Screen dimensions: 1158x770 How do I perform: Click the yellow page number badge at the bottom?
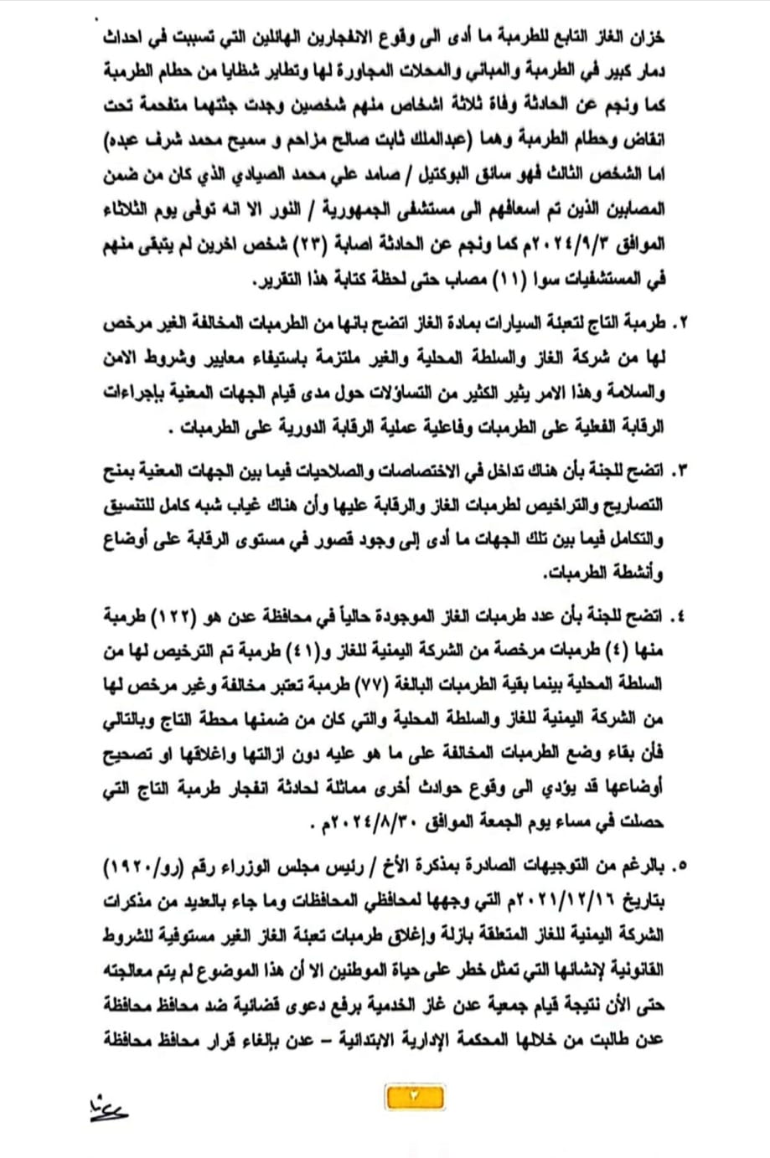click(413, 1095)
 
